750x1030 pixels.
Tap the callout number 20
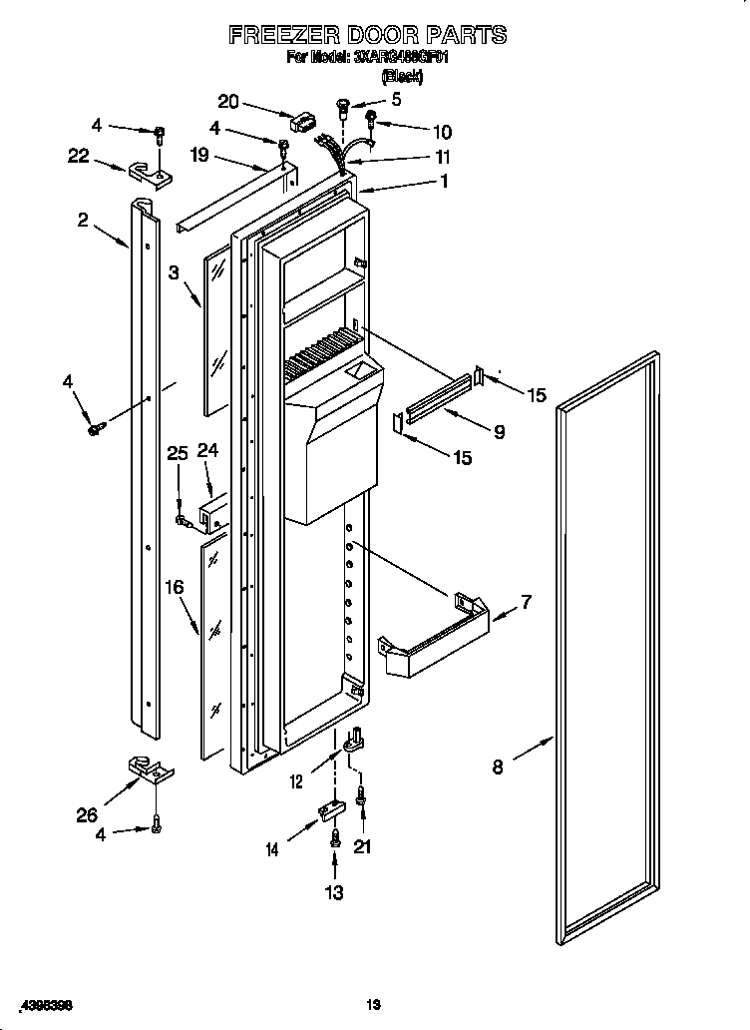coord(228,101)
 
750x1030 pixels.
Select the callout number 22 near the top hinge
coord(79,156)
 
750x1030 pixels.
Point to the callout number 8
coord(498,767)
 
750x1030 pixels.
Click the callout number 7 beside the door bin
coord(526,603)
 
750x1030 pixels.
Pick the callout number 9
coord(499,432)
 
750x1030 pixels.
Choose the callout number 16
coord(175,588)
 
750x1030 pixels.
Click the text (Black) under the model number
coord(402,77)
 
